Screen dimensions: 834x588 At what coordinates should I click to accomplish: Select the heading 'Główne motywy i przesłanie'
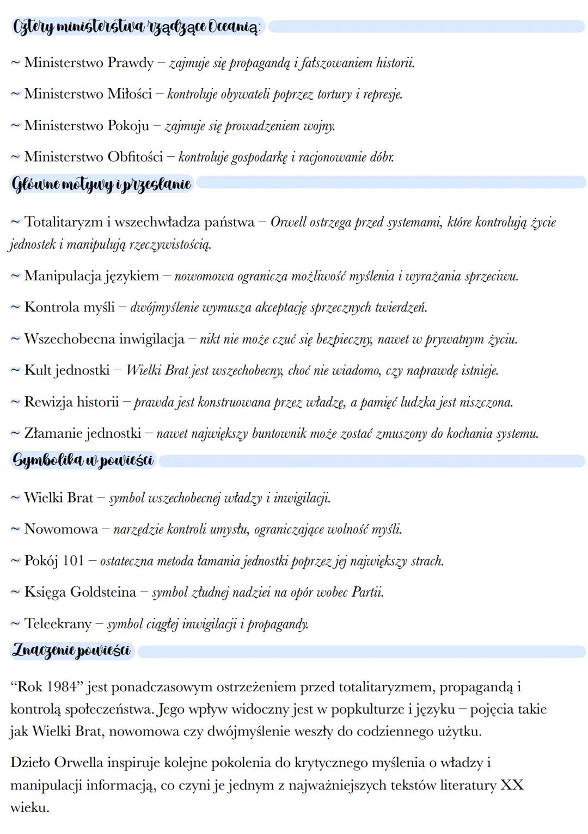pyautogui.click(x=102, y=184)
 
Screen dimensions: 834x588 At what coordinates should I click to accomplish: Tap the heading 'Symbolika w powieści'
pyautogui.click(x=83, y=461)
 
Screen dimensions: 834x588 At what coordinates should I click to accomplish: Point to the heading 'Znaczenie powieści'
pyautogui.click(x=71, y=650)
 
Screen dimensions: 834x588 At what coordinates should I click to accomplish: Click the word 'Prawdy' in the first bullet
pyautogui.click(x=131, y=63)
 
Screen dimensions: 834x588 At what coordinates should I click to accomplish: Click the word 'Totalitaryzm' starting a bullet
pyautogui.click(x=64, y=222)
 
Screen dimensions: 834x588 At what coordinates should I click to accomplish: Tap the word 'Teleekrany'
pyautogui.click(x=58, y=624)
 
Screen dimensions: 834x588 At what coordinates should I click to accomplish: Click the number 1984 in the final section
pyautogui.click(x=62, y=687)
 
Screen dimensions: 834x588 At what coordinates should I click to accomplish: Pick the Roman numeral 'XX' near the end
pyautogui.click(x=511, y=786)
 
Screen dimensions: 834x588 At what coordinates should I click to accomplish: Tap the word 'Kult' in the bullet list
pyautogui.click(x=38, y=371)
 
